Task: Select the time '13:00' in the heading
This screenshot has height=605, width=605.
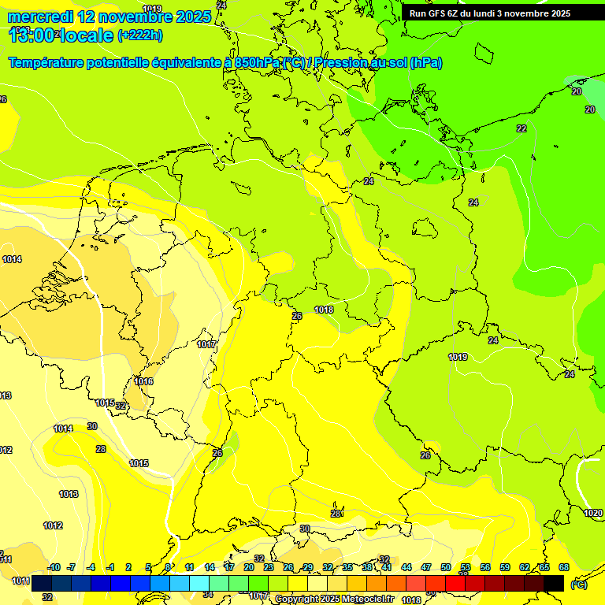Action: (33, 35)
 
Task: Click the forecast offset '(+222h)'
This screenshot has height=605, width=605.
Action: (140, 35)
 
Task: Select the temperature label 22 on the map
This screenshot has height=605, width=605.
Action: (521, 128)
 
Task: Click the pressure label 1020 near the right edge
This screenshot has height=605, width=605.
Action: (593, 513)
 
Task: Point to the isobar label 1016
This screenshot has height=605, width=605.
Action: (143, 381)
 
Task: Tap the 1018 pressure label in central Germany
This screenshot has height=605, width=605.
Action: (324, 310)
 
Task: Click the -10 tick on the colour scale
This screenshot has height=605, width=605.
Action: (54, 567)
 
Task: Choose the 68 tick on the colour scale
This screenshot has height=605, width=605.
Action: (563, 567)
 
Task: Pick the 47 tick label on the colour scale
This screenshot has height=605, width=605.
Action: (426, 567)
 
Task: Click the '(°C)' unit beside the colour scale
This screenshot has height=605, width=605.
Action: (579, 584)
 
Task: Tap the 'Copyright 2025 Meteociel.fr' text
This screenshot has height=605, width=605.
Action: (335, 599)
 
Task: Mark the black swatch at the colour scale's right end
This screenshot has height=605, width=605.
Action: (554, 583)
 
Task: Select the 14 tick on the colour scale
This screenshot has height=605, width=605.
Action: (210, 567)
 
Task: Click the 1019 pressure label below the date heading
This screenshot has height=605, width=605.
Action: (152, 119)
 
